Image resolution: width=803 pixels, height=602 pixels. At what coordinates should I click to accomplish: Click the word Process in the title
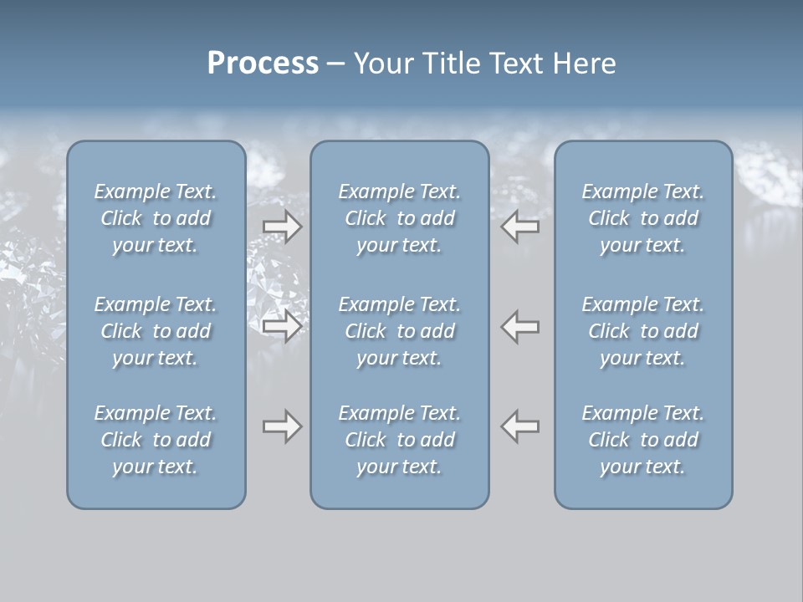click(263, 64)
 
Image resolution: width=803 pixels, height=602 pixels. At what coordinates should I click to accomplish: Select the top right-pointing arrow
click(282, 227)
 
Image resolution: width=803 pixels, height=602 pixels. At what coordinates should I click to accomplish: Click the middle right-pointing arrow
click(282, 325)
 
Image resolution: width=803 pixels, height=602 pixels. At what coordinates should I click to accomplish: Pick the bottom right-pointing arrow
click(282, 426)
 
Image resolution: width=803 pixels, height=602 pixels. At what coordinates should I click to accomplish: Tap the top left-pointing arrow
click(520, 227)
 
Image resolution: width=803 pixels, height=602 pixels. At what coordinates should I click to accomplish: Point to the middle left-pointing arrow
click(520, 325)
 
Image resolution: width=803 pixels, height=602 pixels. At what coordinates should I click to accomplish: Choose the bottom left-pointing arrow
click(520, 426)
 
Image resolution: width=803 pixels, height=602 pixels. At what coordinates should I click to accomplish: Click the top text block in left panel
click(156, 218)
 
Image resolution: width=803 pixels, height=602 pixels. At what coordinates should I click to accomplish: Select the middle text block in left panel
click(156, 331)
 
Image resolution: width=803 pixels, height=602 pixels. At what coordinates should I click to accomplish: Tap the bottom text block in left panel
click(156, 440)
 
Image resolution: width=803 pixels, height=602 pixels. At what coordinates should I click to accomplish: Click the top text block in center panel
click(400, 218)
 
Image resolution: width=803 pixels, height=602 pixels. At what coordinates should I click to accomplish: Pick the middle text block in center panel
click(400, 331)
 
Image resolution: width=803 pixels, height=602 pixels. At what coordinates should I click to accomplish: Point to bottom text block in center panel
click(400, 440)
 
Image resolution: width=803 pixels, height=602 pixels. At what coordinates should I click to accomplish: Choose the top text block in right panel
click(643, 218)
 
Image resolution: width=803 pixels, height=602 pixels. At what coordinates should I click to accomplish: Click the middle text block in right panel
click(643, 331)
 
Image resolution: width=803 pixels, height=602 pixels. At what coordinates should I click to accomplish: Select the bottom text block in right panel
click(643, 440)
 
